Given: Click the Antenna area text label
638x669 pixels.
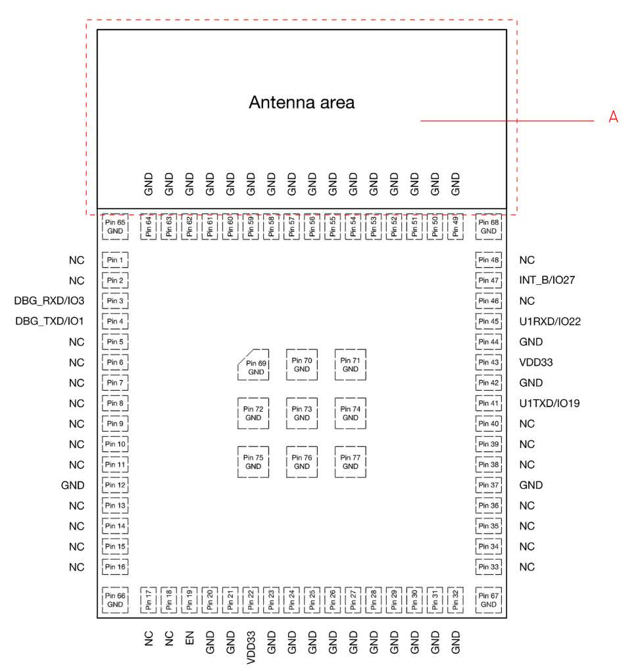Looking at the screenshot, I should [x=301, y=103].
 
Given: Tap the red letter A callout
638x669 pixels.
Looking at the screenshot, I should [x=613, y=117].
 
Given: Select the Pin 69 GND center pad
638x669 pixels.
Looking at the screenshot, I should [x=253, y=366].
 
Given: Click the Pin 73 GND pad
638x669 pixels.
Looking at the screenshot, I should [x=302, y=413].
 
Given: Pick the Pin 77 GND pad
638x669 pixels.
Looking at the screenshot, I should [x=351, y=462].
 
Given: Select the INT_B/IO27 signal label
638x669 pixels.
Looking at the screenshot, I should [x=547, y=280].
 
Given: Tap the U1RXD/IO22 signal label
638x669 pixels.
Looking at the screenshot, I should [x=550, y=322].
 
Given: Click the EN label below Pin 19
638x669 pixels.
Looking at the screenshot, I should [x=189, y=639].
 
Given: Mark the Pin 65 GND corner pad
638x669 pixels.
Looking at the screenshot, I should [x=115, y=227].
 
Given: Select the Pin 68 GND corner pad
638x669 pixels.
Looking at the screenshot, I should [x=488, y=227].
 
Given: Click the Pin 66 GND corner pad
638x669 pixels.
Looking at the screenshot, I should [x=115, y=599].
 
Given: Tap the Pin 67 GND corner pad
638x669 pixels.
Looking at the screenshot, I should [x=488, y=599].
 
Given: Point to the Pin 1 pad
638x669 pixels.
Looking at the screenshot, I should [x=115, y=260].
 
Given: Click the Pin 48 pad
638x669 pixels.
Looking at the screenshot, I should [x=488, y=260].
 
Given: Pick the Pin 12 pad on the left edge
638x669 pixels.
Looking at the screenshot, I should [x=115, y=485].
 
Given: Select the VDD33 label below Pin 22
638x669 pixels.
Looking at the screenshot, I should [x=251, y=648].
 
